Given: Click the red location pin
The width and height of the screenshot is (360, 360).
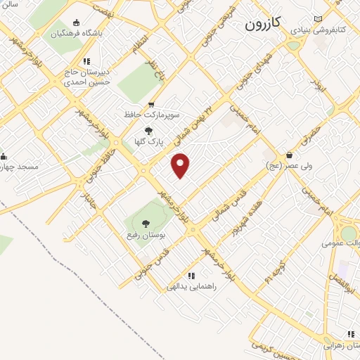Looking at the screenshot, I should [x=181, y=165].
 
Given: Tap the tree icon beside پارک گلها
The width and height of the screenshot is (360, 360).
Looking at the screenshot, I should [x=148, y=130].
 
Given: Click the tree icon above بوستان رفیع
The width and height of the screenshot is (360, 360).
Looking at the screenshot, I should [x=146, y=224].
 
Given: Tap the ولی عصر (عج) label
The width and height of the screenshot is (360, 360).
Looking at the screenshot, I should [x=283, y=166].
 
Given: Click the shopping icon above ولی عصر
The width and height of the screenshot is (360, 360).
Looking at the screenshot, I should [x=289, y=155].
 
